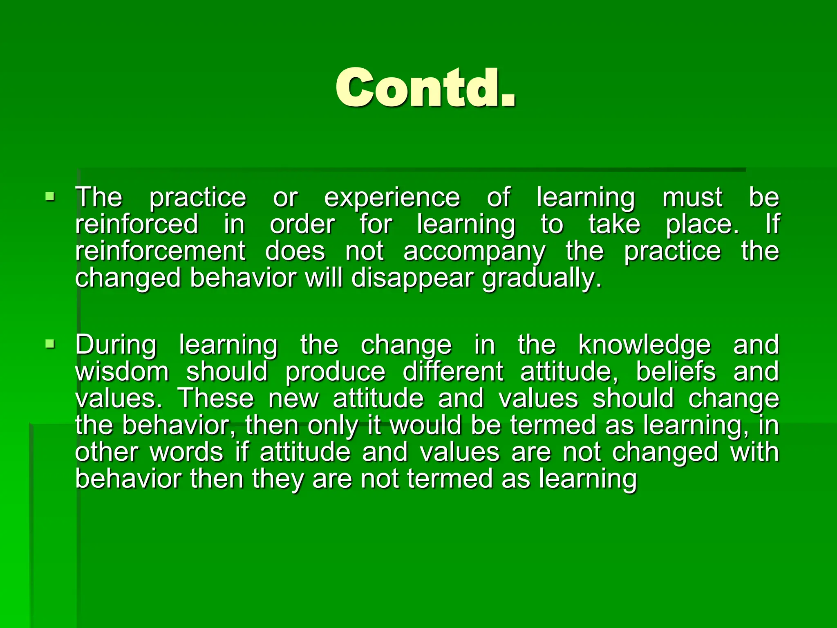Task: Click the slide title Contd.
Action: [x=425, y=87]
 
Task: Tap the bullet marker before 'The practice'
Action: [x=50, y=197]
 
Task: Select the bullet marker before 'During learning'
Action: [x=50, y=344]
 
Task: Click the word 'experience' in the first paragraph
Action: [x=392, y=198]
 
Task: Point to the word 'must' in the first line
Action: [x=692, y=198]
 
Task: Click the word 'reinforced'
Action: [x=137, y=224]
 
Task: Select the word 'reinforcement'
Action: [x=160, y=251]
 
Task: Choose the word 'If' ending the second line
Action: [x=772, y=224]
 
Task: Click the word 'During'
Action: [x=116, y=345]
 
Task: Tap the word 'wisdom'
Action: [x=122, y=372]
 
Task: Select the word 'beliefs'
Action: [x=676, y=372]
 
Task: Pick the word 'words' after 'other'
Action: [x=186, y=452]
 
